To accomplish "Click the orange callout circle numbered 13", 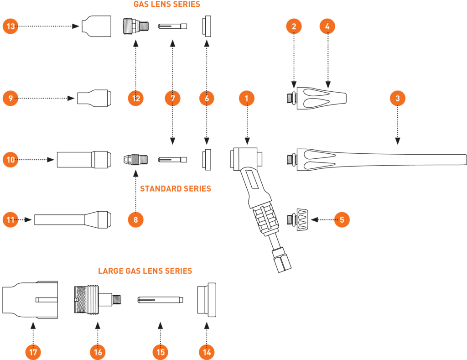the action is point(10,26).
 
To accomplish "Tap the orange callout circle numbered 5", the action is point(342,219).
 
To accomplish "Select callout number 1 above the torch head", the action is point(247,99).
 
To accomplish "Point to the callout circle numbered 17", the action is point(33,352).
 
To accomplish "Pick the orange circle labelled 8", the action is point(135,219).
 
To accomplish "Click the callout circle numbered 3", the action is point(398,99).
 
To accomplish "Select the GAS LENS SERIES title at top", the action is point(167,4).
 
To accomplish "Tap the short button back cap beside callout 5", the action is point(297,219).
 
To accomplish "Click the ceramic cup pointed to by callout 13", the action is point(97,26).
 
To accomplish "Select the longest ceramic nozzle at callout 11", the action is point(73,219).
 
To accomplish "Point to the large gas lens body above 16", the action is point(98,299).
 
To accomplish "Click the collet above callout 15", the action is point(160,299).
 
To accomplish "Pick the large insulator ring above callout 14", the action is point(207,300).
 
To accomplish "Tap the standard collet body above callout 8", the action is point(135,159).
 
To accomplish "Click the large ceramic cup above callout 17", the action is point(30,299).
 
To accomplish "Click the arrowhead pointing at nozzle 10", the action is point(51,160).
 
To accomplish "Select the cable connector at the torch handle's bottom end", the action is point(281,259).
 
